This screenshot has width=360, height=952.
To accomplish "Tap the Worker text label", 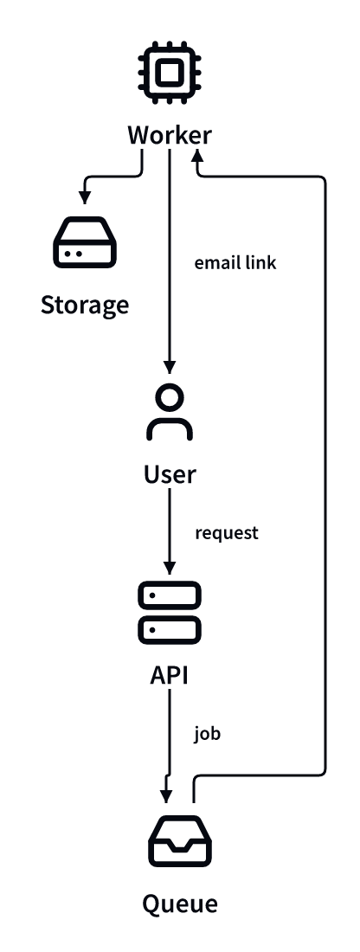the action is pos(170,135).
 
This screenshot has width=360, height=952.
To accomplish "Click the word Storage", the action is pos(85,306).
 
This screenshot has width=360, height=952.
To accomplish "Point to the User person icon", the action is pos(170,412).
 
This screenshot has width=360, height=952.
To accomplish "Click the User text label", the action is pos(170,474).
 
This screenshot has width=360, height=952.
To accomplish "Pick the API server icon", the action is pos(170,612).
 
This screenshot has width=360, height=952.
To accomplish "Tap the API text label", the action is pos(170,675).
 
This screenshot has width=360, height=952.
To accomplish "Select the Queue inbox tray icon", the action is pos(180,841).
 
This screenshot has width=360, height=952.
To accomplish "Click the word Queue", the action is pos(180,904).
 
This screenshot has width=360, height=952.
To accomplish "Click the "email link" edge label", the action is pos(235,263).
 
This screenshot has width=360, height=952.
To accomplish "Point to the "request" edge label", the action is pos(227,533).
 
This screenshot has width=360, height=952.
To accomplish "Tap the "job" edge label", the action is pos(207,733).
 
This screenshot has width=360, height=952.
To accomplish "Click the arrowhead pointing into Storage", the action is pos(85,197).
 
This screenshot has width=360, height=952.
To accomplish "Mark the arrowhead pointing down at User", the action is pos(170,367).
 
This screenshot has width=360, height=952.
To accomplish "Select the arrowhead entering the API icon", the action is pos(170,568).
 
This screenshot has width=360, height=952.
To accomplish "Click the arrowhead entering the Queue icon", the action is pos(166,796).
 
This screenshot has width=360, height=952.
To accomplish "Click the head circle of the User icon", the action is pos(170,397).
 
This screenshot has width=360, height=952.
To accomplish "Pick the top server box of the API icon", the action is pos(170,595).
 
